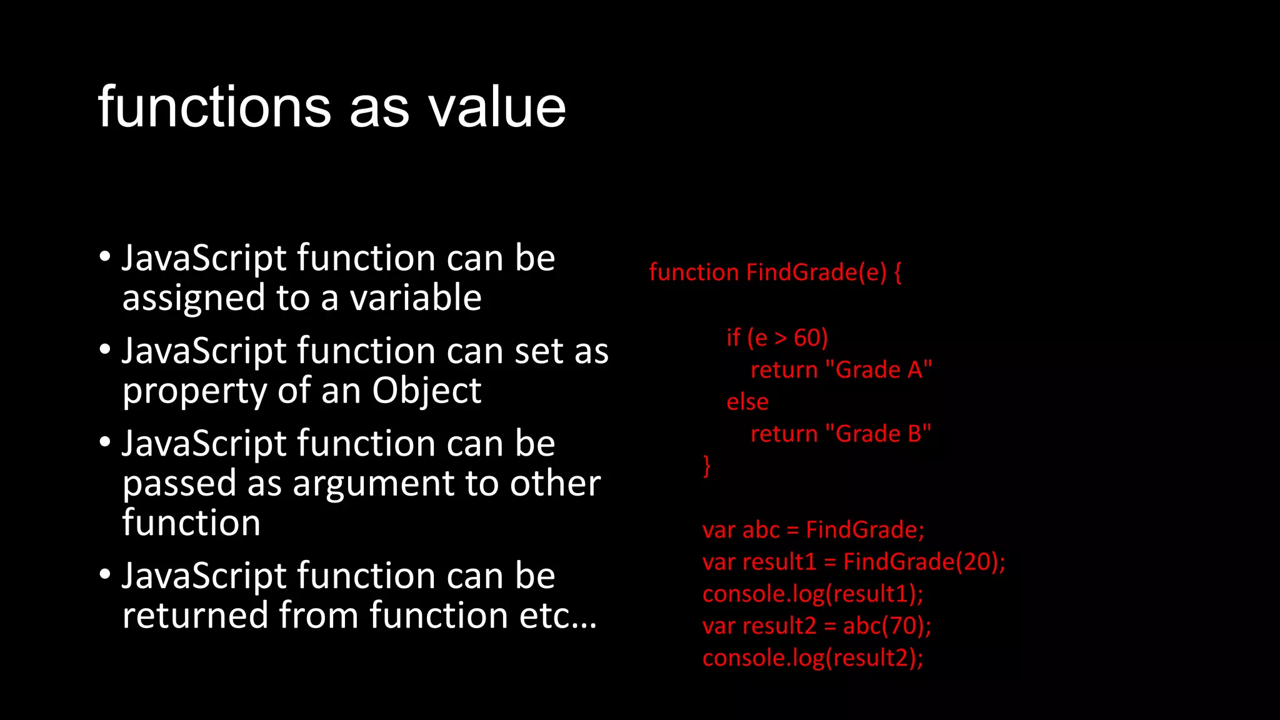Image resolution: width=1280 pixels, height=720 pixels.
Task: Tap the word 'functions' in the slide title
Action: [214, 107]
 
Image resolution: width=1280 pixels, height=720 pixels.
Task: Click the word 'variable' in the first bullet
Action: [416, 297]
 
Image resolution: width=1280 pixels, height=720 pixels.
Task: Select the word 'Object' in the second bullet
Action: [427, 391]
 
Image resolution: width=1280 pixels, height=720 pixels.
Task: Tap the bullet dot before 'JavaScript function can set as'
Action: [105, 349]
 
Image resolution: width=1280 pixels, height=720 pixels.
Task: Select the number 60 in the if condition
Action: [807, 338]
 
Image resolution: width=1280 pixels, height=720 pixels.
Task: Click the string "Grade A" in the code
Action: [879, 370]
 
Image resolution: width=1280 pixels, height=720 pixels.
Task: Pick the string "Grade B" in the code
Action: [878, 434]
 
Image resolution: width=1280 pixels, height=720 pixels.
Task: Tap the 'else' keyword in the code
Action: [747, 402]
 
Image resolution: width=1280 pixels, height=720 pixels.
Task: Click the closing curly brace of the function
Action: [707, 466]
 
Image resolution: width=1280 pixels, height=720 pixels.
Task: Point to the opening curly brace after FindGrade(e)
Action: [897, 272]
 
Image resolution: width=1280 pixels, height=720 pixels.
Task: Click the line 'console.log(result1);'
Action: [812, 594]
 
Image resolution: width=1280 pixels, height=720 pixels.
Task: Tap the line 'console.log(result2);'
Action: [812, 657]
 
